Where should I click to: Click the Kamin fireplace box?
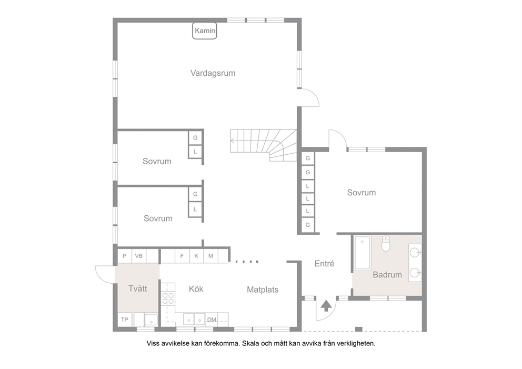click(x=204, y=31)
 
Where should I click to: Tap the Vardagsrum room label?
click(x=213, y=73)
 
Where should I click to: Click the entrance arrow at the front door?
click(x=326, y=306)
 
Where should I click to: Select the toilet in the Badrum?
click(x=386, y=243)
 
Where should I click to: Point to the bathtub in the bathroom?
click(x=362, y=253)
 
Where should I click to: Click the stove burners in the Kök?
click(x=168, y=298)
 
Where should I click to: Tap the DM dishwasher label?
click(x=212, y=320)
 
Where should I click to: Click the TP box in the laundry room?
click(x=125, y=320)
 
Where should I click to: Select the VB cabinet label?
click(x=139, y=256)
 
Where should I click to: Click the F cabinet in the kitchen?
click(x=182, y=256)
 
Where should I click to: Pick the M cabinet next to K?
click(x=210, y=256)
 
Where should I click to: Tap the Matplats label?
click(x=263, y=290)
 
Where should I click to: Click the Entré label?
click(x=324, y=264)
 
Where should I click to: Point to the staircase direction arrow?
click(x=233, y=141)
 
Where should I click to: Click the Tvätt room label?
click(x=137, y=288)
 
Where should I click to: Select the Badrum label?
click(x=387, y=275)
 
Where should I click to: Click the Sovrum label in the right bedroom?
click(x=361, y=193)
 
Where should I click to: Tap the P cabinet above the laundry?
click(x=125, y=256)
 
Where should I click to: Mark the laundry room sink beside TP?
click(x=151, y=320)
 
